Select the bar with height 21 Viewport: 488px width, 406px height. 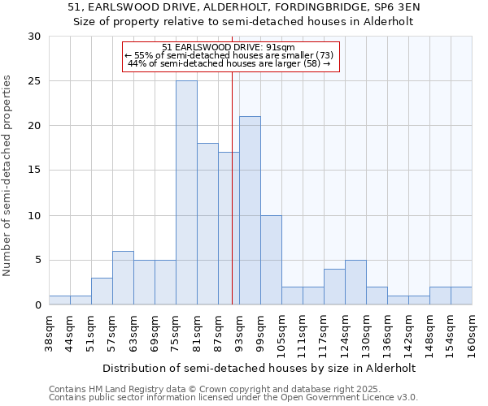(250, 210)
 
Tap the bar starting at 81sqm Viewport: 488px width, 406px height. (207, 224)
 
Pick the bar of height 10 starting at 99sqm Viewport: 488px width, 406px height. (271, 260)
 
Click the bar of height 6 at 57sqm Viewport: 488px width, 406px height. (123, 278)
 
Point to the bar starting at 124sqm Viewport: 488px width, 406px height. (355, 282)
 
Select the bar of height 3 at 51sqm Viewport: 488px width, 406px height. (102, 291)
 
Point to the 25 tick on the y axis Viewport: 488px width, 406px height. (34, 81)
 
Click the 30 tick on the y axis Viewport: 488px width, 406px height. (34, 37)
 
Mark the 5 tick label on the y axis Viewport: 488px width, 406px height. (37, 260)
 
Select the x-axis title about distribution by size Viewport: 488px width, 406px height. (260, 368)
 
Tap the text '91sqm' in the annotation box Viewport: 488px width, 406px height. (270, 47)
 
